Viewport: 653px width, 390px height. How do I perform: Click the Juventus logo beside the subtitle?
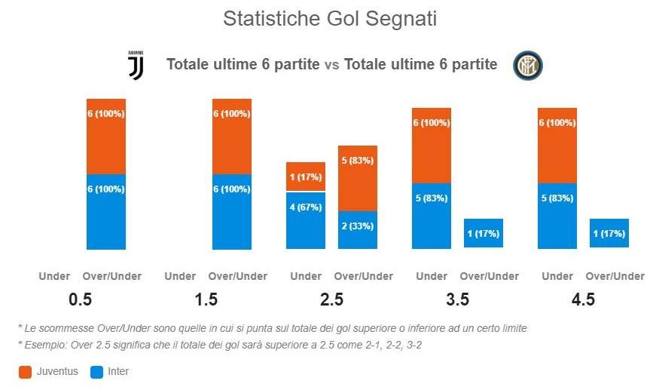coord(136,66)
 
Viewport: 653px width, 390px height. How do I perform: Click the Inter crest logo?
coord(527,66)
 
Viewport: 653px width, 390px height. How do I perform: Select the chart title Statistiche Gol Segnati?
coord(330,19)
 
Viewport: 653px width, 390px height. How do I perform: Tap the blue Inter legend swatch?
coord(95,372)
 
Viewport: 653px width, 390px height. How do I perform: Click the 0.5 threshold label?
coord(80,299)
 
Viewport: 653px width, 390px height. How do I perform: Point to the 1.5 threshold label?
coord(206,299)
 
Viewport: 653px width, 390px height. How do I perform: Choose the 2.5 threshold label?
coord(331,299)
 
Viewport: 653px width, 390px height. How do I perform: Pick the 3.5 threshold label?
coord(457,299)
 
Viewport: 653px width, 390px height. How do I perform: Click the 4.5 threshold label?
coord(583,299)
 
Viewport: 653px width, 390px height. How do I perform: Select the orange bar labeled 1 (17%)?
coord(306,177)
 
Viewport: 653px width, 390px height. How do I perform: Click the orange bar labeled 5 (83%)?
coord(358,178)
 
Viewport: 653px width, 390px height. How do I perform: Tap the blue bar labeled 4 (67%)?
coord(306,220)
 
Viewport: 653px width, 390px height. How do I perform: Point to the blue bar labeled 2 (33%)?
coord(358,229)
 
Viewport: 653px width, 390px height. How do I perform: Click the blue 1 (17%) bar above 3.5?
coord(484,233)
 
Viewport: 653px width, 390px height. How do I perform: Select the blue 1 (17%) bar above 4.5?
coord(609,233)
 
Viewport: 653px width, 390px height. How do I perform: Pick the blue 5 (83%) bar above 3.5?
coord(432,216)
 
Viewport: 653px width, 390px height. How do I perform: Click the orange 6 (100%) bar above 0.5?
coord(106,136)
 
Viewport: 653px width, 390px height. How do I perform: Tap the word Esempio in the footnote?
coord(42,344)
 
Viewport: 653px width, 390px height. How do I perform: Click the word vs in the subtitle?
coord(331,65)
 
